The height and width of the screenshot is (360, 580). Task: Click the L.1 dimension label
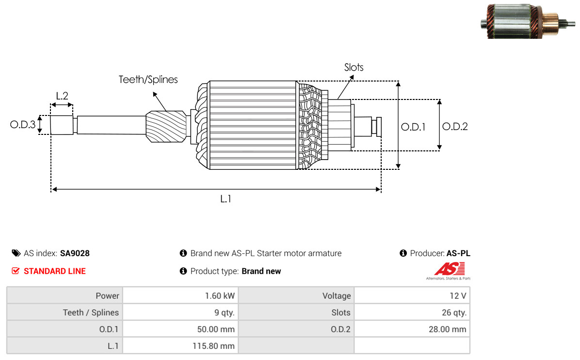226,198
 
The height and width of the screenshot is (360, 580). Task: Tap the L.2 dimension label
62,96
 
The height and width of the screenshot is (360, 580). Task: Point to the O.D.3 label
23,125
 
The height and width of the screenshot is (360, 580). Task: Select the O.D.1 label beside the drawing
413,127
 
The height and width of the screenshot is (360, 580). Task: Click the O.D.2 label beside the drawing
455,127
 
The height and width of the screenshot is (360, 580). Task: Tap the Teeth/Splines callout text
148,80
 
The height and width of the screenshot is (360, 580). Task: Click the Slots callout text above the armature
354,67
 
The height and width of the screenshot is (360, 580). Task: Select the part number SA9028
75,253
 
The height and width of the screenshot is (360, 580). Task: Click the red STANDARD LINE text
54,271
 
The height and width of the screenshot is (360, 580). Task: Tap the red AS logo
450,269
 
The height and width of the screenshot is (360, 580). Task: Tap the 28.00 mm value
447,329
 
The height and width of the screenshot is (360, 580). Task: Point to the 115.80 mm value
213,346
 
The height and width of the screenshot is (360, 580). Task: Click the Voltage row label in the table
336,296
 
